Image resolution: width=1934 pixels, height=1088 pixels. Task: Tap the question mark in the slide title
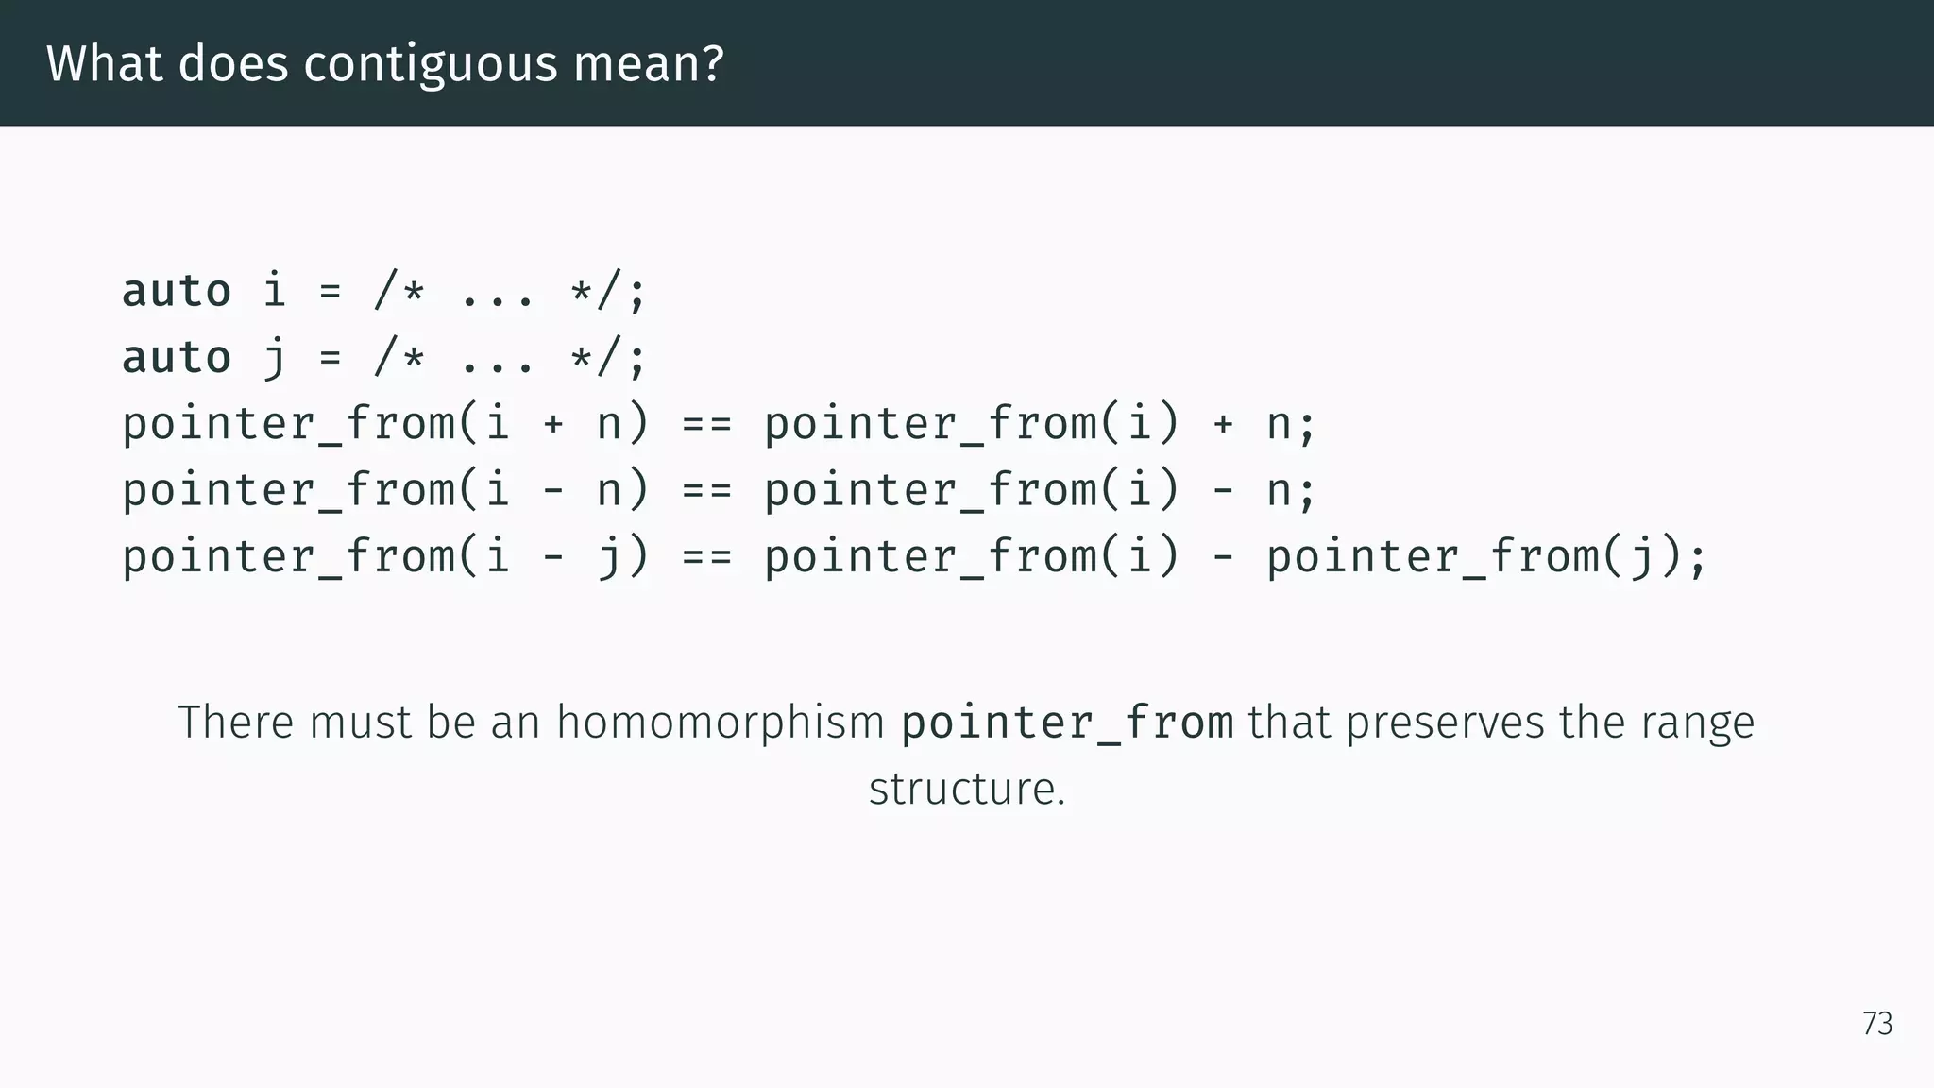(x=713, y=64)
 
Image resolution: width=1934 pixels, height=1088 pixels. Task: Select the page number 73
(x=1877, y=1024)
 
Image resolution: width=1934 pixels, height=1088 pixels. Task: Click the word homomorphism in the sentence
(x=720, y=722)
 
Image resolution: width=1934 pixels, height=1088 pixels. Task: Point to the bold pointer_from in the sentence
(x=1067, y=722)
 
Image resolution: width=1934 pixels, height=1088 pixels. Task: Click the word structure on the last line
(x=966, y=790)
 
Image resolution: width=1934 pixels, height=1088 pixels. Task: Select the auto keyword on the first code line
(x=177, y=291)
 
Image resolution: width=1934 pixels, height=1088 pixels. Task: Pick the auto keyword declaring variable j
(x=177, y=358)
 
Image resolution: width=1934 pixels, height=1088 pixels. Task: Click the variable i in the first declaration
(x=274, y=291)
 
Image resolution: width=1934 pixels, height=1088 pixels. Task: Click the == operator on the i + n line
(x=706, y=424)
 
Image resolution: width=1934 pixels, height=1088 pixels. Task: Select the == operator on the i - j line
(x=706, y=556)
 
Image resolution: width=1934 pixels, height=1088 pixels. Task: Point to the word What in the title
(x=104, y=64)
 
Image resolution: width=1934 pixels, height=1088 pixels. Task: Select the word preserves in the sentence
(x=1446, y=722)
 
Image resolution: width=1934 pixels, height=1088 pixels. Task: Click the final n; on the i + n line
(x=1290, y=424)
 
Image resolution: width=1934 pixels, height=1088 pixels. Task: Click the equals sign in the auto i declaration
(x=330, y=292)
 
